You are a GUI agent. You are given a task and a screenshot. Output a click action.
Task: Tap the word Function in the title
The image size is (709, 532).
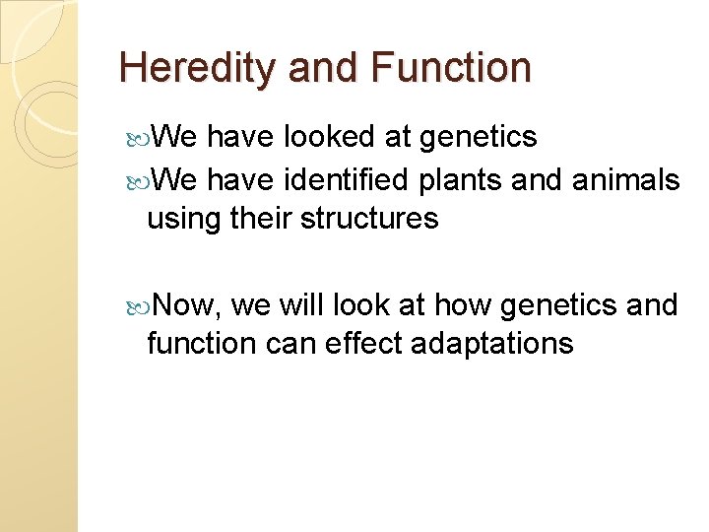click(451, 68)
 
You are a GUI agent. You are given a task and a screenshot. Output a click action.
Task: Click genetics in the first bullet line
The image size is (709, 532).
click(478, 137)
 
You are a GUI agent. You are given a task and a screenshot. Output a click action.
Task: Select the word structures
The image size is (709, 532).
click(369, 219)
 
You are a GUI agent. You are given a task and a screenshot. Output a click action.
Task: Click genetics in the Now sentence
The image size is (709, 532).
click(558, 306)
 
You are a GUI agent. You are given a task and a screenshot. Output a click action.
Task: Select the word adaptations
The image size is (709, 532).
click(504, 344)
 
